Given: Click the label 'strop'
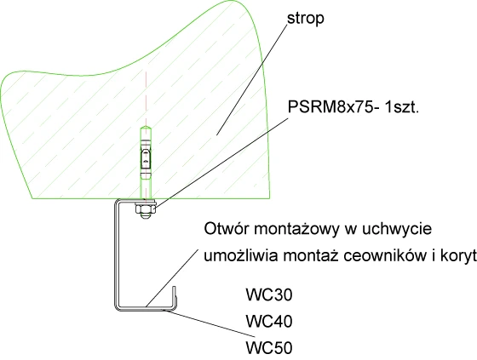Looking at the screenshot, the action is [x=306, y=19].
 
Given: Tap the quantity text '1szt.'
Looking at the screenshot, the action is [x=401, y=107].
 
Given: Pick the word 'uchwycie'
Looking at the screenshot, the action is [x=396, y=230].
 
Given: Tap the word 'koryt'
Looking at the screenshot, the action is [x=458, y=257].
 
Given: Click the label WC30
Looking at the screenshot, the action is [x=269, y=294].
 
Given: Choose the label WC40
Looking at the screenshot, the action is [x=269, y=322].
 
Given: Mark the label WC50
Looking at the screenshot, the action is [x=269, y=348].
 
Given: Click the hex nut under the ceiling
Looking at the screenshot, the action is [x=146, y=209].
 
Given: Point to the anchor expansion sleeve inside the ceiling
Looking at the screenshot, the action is [x=146, y=158].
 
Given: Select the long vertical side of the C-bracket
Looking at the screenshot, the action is [x=116, y=255].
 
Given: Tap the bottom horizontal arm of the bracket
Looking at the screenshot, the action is [x=145, y=308].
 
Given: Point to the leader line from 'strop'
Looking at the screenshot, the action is [x=252, y=79].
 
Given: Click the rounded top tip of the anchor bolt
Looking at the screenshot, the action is [x=146, y=127].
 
